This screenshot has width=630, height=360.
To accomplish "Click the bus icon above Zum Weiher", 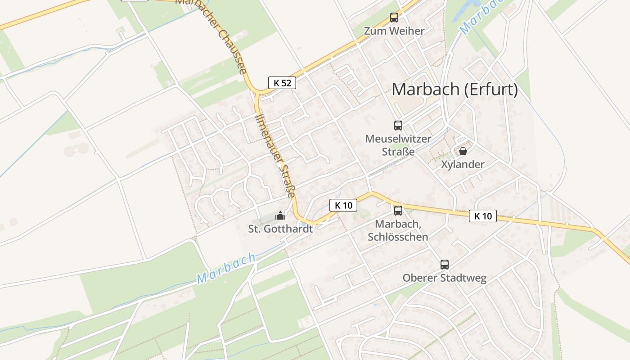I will pyautogui.click(x=394, y=18).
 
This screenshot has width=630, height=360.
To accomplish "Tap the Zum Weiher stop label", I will pyautogui.click(x=394, y=31).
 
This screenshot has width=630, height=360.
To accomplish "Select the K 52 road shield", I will pyautogui.click(x=282, y=83).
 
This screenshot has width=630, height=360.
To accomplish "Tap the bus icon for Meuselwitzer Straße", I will pyautogui.click(x=398, y=126).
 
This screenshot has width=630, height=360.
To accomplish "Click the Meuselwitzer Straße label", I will pyautogui.click(x=398, y=145).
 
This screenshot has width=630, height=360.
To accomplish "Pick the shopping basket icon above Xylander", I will pyautogui.click(x=463, y=151).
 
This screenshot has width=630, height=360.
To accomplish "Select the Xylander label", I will pyautogui.click(x=463, y=164).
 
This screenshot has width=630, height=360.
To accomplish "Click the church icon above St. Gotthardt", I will pyautogui.click(x=280, y=216).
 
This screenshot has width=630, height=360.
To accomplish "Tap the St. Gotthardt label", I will pyautogui.click(x=280, y=229).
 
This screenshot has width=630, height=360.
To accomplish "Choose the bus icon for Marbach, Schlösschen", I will pyautogui.click(x=398, y=210).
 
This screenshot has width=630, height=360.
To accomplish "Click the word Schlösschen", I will pyautogui.click(x=398, y=237).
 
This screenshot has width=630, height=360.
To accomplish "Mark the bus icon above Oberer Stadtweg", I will pyautogui.click(x=445, y=265).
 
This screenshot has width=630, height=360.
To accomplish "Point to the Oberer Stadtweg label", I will pyautogui.click(x=445, y=278).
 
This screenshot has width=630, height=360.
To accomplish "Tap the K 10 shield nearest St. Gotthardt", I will pyautogui.click(x=343, y=206).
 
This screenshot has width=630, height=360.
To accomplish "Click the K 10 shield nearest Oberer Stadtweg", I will pyautogui.click(x=483, y=216).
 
